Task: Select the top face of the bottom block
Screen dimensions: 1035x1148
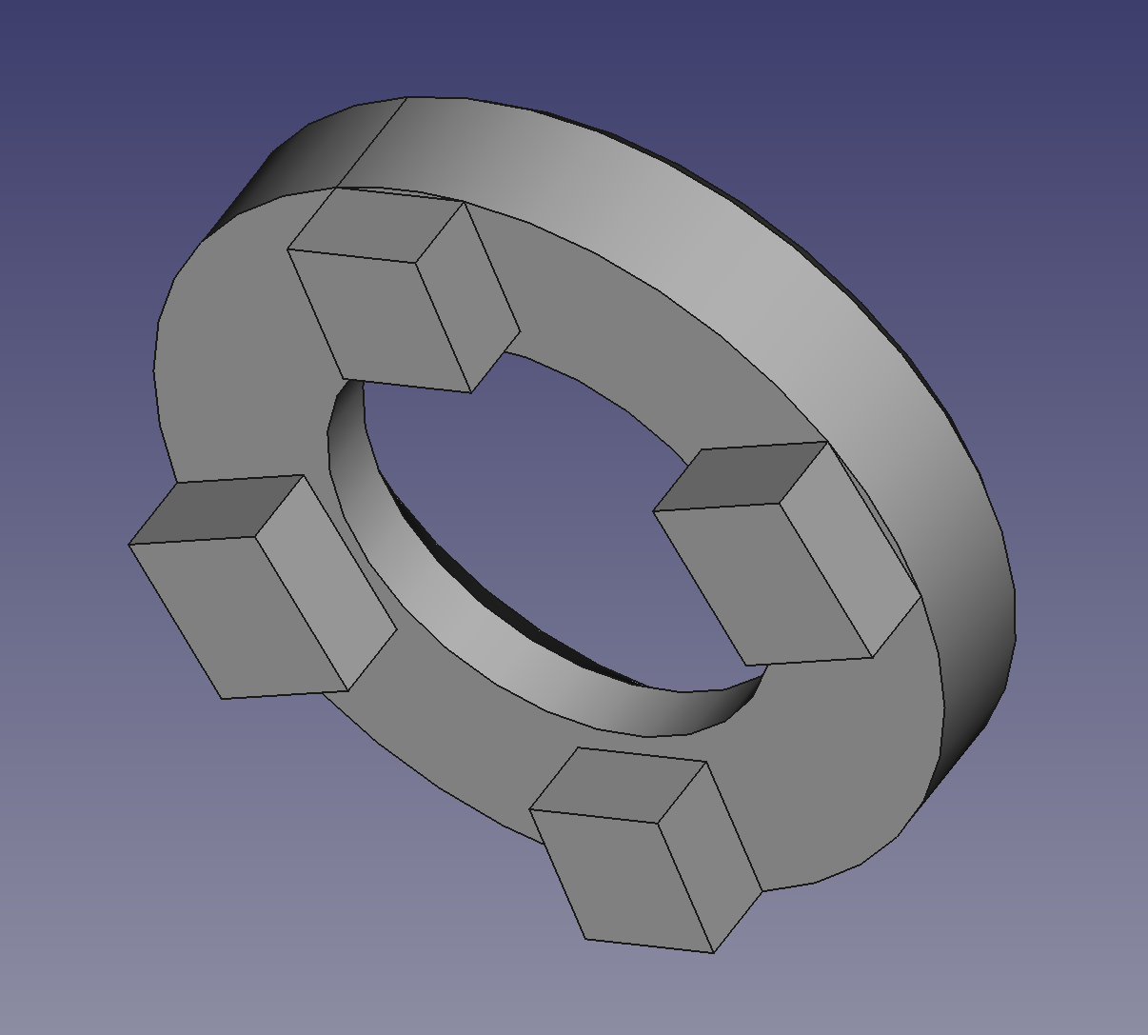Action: coord(619,786)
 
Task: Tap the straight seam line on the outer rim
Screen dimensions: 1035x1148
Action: coord(371,143)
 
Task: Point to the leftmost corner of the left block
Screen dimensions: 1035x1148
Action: coord(129,545)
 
